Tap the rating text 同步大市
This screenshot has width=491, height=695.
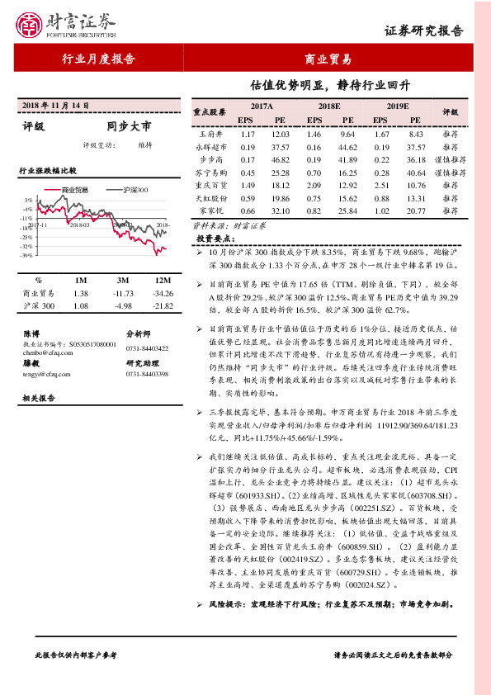129,127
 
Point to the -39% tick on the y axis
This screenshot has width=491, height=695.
28,256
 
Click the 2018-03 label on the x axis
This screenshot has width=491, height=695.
79,224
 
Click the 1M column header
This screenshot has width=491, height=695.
80,281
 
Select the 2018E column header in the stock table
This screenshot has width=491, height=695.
328,106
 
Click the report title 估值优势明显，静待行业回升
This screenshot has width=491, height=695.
330,85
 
